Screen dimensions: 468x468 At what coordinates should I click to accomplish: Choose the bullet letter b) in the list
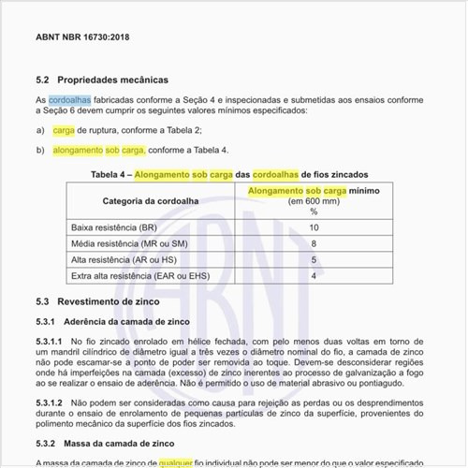tap(40, 150)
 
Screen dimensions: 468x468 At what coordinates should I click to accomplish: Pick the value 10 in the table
tap(314, 227)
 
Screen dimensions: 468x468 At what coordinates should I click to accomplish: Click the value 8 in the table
tap(314, 243)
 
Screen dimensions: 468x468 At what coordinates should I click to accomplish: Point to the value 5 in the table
tap(314, 259)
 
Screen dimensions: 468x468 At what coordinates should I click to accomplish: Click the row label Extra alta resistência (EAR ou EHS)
tap(139, 275)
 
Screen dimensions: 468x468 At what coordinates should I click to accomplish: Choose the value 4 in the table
tap(314, 275)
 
